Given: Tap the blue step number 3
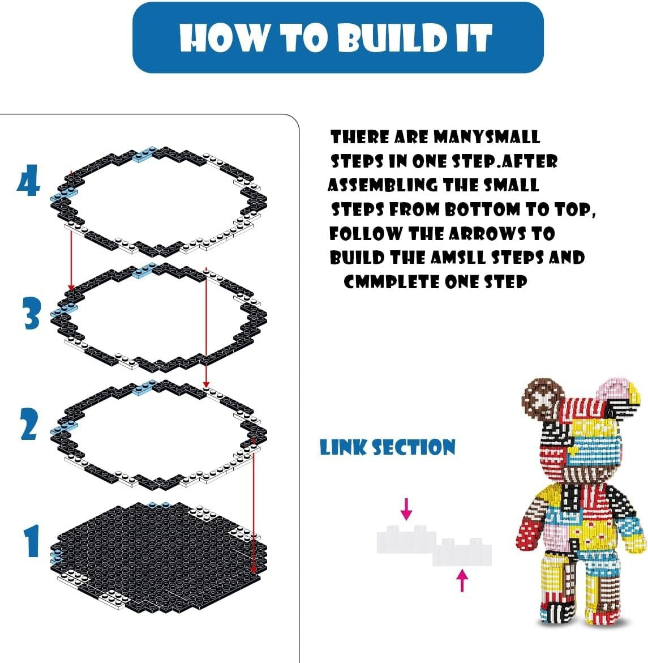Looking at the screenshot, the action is click(x=32, y=313).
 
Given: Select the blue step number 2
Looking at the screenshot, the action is click(x=29, y=425).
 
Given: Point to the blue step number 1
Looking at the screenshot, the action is click(x=32, y=541).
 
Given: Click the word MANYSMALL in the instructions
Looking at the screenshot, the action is click(x=487, y=137).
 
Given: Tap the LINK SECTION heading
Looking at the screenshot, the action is click(x=387, y=447).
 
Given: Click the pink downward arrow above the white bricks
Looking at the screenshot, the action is click(x=406, y=509).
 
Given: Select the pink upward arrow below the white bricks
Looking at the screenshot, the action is click(x=462, y=580).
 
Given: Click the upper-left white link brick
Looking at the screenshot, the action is click(x=406, y=539).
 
